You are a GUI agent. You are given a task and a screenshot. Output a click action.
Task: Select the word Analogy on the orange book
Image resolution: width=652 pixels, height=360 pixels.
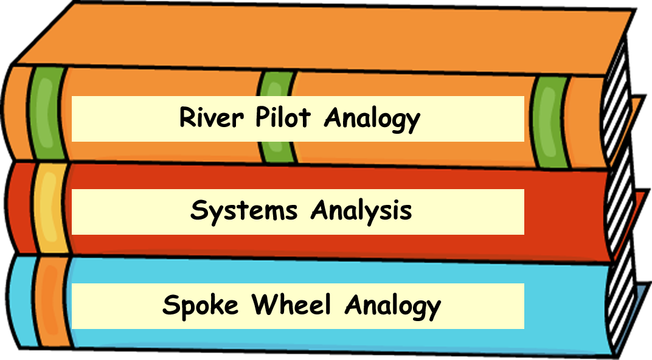[x=372, y=119]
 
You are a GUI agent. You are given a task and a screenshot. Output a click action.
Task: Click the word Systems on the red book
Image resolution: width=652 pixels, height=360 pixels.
[x=244, y=211]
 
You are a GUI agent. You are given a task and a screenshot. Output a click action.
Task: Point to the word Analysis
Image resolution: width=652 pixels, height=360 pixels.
[x=361, y=211]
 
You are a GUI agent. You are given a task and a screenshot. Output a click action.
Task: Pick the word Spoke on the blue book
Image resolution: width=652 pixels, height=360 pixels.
[x=201, y=305]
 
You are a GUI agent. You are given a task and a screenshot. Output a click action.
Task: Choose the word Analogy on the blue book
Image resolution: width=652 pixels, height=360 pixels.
[x=392, y=306]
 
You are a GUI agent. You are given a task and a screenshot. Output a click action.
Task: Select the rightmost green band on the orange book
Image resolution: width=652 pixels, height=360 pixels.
[x=549, y=122]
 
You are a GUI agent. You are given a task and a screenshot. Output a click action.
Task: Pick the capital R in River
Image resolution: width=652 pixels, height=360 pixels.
[x=187, y=117]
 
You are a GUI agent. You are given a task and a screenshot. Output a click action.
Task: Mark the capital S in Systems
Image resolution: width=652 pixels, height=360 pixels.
[x=198, y=211]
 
